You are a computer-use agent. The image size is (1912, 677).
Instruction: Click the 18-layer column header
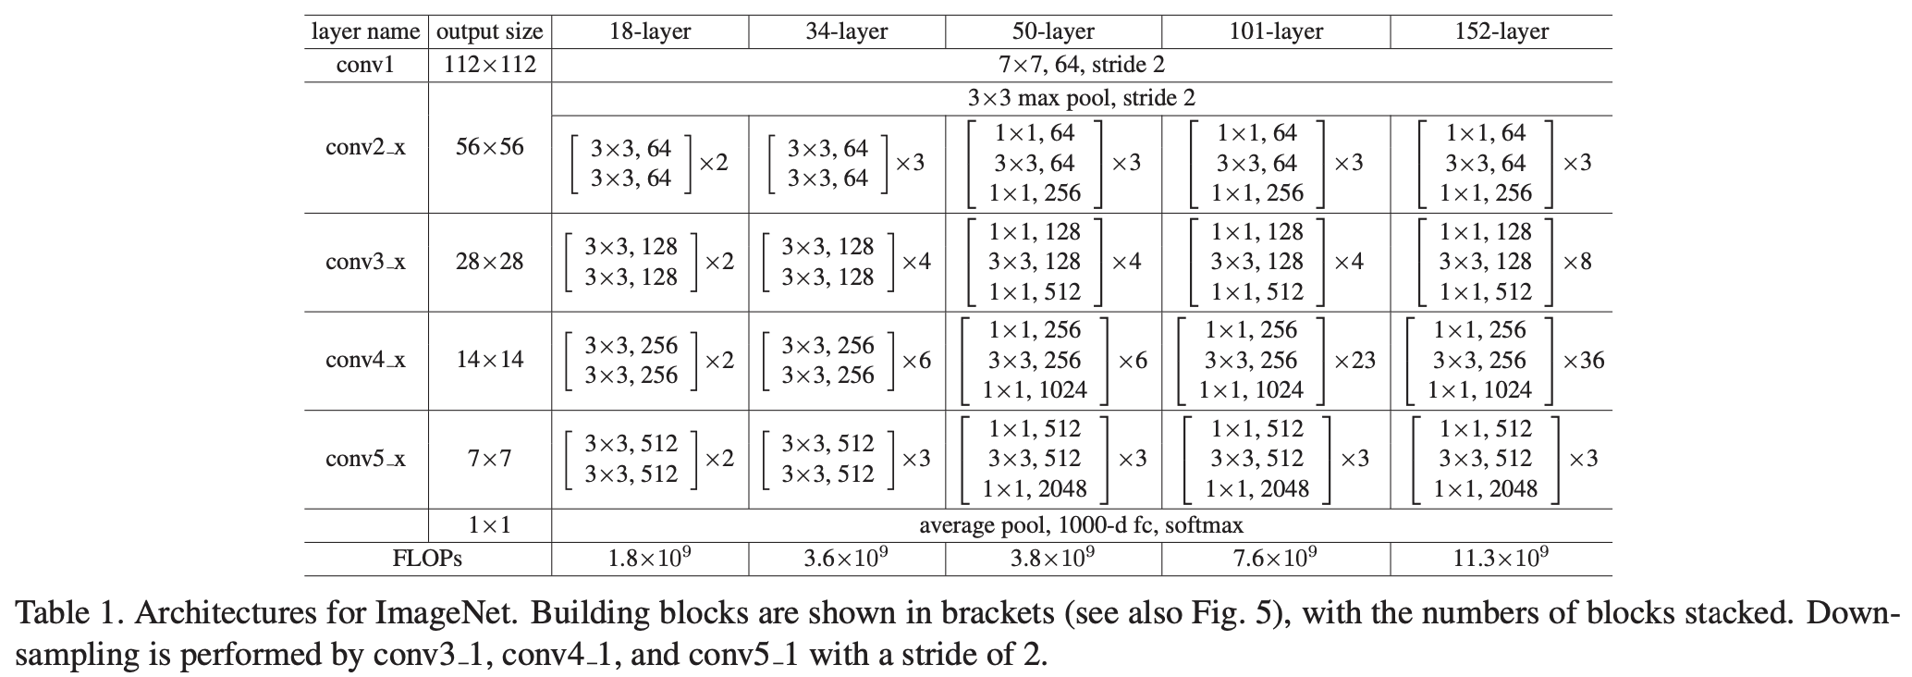(650, 31)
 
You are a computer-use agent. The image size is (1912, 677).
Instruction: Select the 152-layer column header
(1501, 31)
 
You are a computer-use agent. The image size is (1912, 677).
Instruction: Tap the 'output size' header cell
(489, 31)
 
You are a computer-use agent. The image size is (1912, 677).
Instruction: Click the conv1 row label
(365, 65)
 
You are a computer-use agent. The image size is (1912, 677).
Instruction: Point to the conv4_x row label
(365, 360)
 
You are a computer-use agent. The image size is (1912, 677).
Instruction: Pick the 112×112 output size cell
(489, 65)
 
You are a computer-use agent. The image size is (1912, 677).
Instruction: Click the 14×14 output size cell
(489, 360)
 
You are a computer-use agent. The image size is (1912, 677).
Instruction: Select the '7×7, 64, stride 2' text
(1081, 65)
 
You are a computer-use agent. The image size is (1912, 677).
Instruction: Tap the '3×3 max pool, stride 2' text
(1081, 98)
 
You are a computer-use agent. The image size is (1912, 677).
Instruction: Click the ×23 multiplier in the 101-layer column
(1354, 361)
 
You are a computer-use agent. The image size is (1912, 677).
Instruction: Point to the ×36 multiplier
(1583, 361)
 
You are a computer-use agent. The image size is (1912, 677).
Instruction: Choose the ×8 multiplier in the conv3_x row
(1577, 262)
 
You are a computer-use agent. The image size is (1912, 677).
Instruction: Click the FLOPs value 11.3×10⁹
(1501, 558)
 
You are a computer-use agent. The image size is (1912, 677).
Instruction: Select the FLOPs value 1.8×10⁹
(650, 558)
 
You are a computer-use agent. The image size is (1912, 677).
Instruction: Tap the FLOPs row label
(427, 559)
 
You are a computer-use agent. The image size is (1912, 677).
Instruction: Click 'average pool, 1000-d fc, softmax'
(1081, 525)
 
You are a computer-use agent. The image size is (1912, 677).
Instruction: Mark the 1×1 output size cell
(489, 525)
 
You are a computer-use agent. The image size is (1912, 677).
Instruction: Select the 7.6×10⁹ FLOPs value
(1276, 558)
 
